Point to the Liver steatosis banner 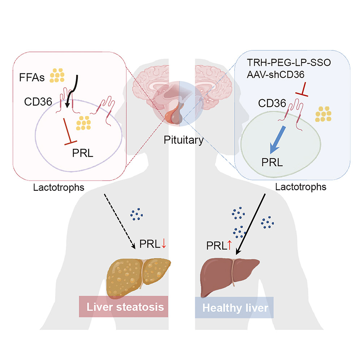(124, 307)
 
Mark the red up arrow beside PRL (229, 246)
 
